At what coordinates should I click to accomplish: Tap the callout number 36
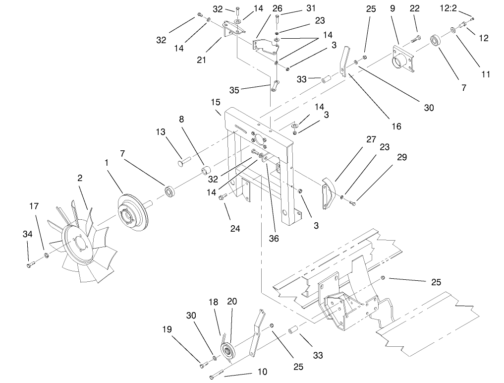click(x=274, y=239)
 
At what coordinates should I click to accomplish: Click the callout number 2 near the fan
click(x=79, y=178)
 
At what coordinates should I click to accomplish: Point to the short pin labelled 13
click(x=183, y=161)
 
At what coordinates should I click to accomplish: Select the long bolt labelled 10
click(x=217, y=375)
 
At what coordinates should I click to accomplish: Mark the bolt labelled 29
click(x=352, y=202)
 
